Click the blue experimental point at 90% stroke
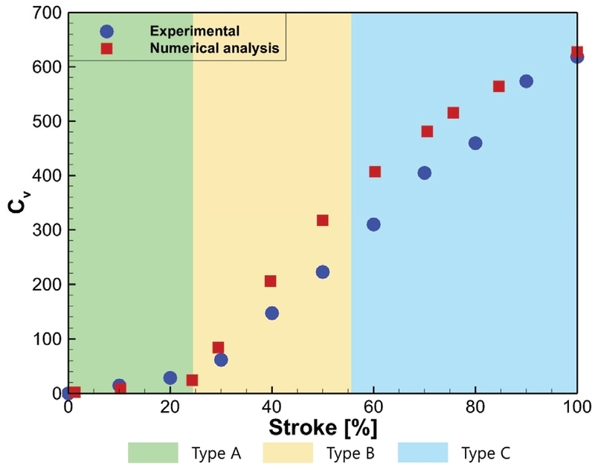[526, 81]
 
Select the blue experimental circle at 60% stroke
[373, 224]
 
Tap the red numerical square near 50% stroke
[323, 220]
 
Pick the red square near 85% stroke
[498, 86]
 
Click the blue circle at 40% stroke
[272, 313]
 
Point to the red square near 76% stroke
[453, 113]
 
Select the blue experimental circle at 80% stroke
[475, 143]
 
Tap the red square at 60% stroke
[375, 172]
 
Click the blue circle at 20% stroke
[170, 378]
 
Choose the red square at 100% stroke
[577, 52]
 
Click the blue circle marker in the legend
[106, 31]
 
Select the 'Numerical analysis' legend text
[214, 48]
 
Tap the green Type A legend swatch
[153, 453]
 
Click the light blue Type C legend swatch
[422, 453]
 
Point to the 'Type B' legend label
[350, 453]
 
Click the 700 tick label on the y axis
[47, 13]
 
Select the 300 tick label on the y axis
[47, 230]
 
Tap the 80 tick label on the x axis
[475, 407]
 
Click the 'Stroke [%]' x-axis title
[323, 427]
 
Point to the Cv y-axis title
[16, 203]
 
